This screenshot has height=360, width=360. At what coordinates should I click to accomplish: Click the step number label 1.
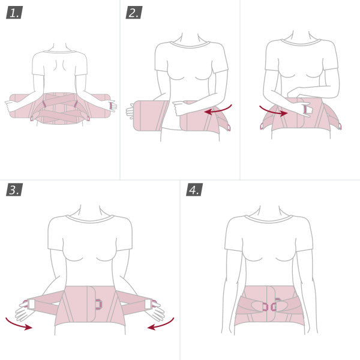(x=14, y=13)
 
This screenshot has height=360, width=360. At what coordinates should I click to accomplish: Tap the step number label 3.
(x=14, y=190)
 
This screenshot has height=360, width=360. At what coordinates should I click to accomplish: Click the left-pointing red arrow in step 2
(x=218, y=110)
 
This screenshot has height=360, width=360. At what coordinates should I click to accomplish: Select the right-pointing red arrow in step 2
(x=271, y=110)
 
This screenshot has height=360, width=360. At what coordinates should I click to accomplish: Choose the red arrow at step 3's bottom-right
(x=161, y=325)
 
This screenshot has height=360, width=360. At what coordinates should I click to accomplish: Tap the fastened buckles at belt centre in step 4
(x=269, y=307)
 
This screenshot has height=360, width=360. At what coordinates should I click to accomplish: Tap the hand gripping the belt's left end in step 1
(x=11, y=105)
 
